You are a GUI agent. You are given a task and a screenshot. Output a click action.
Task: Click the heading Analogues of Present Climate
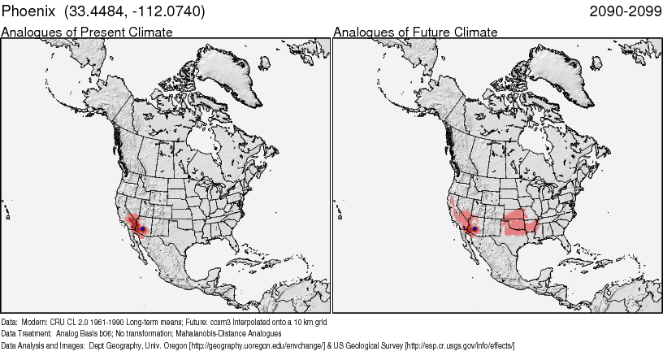87,33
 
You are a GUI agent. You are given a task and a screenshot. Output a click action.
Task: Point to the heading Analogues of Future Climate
415,33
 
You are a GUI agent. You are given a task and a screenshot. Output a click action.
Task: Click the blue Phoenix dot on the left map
143,229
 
